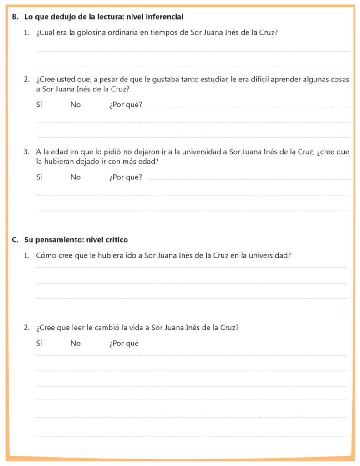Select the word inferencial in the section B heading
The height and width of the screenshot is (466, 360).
pyautogui.click(x=164, y=17)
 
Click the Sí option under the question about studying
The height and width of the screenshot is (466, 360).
pyautogui.click(x=39, y=105)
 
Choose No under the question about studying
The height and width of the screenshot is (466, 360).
pyautogui.click(x=76, y=105)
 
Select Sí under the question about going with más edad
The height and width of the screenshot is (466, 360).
pyautogui.click(x=39, y=177)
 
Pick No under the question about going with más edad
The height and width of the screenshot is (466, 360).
pyautogui.click(x=76, y=177)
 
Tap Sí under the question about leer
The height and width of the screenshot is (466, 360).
pyautogui.click(x=39, y=344)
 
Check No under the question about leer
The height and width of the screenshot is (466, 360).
pyautogui.click(x=76, y=344)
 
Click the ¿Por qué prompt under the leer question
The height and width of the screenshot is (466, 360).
pyautogui.click(x=124, y=344)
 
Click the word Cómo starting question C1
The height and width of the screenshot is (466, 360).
pyautogui.click(x=46, y=255)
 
